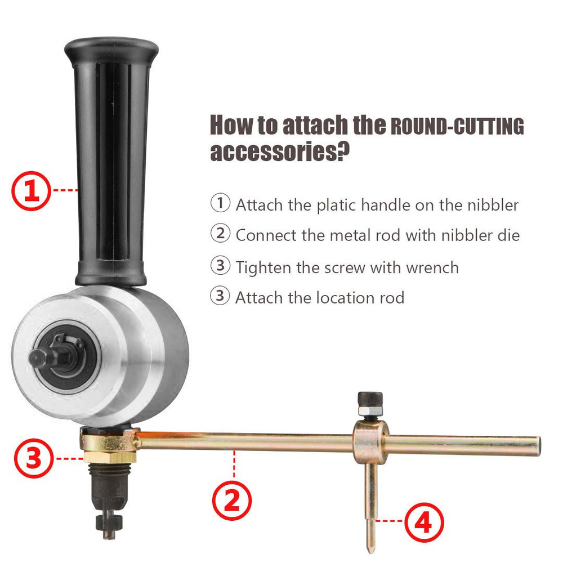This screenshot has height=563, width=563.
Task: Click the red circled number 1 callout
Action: point(33,190)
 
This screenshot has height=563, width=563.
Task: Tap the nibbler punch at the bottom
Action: point(108,521)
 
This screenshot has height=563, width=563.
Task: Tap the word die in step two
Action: point(509,235)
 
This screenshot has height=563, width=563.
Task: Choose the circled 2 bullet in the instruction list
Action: point(220,233)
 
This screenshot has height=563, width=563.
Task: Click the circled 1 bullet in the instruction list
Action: point(220,203)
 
